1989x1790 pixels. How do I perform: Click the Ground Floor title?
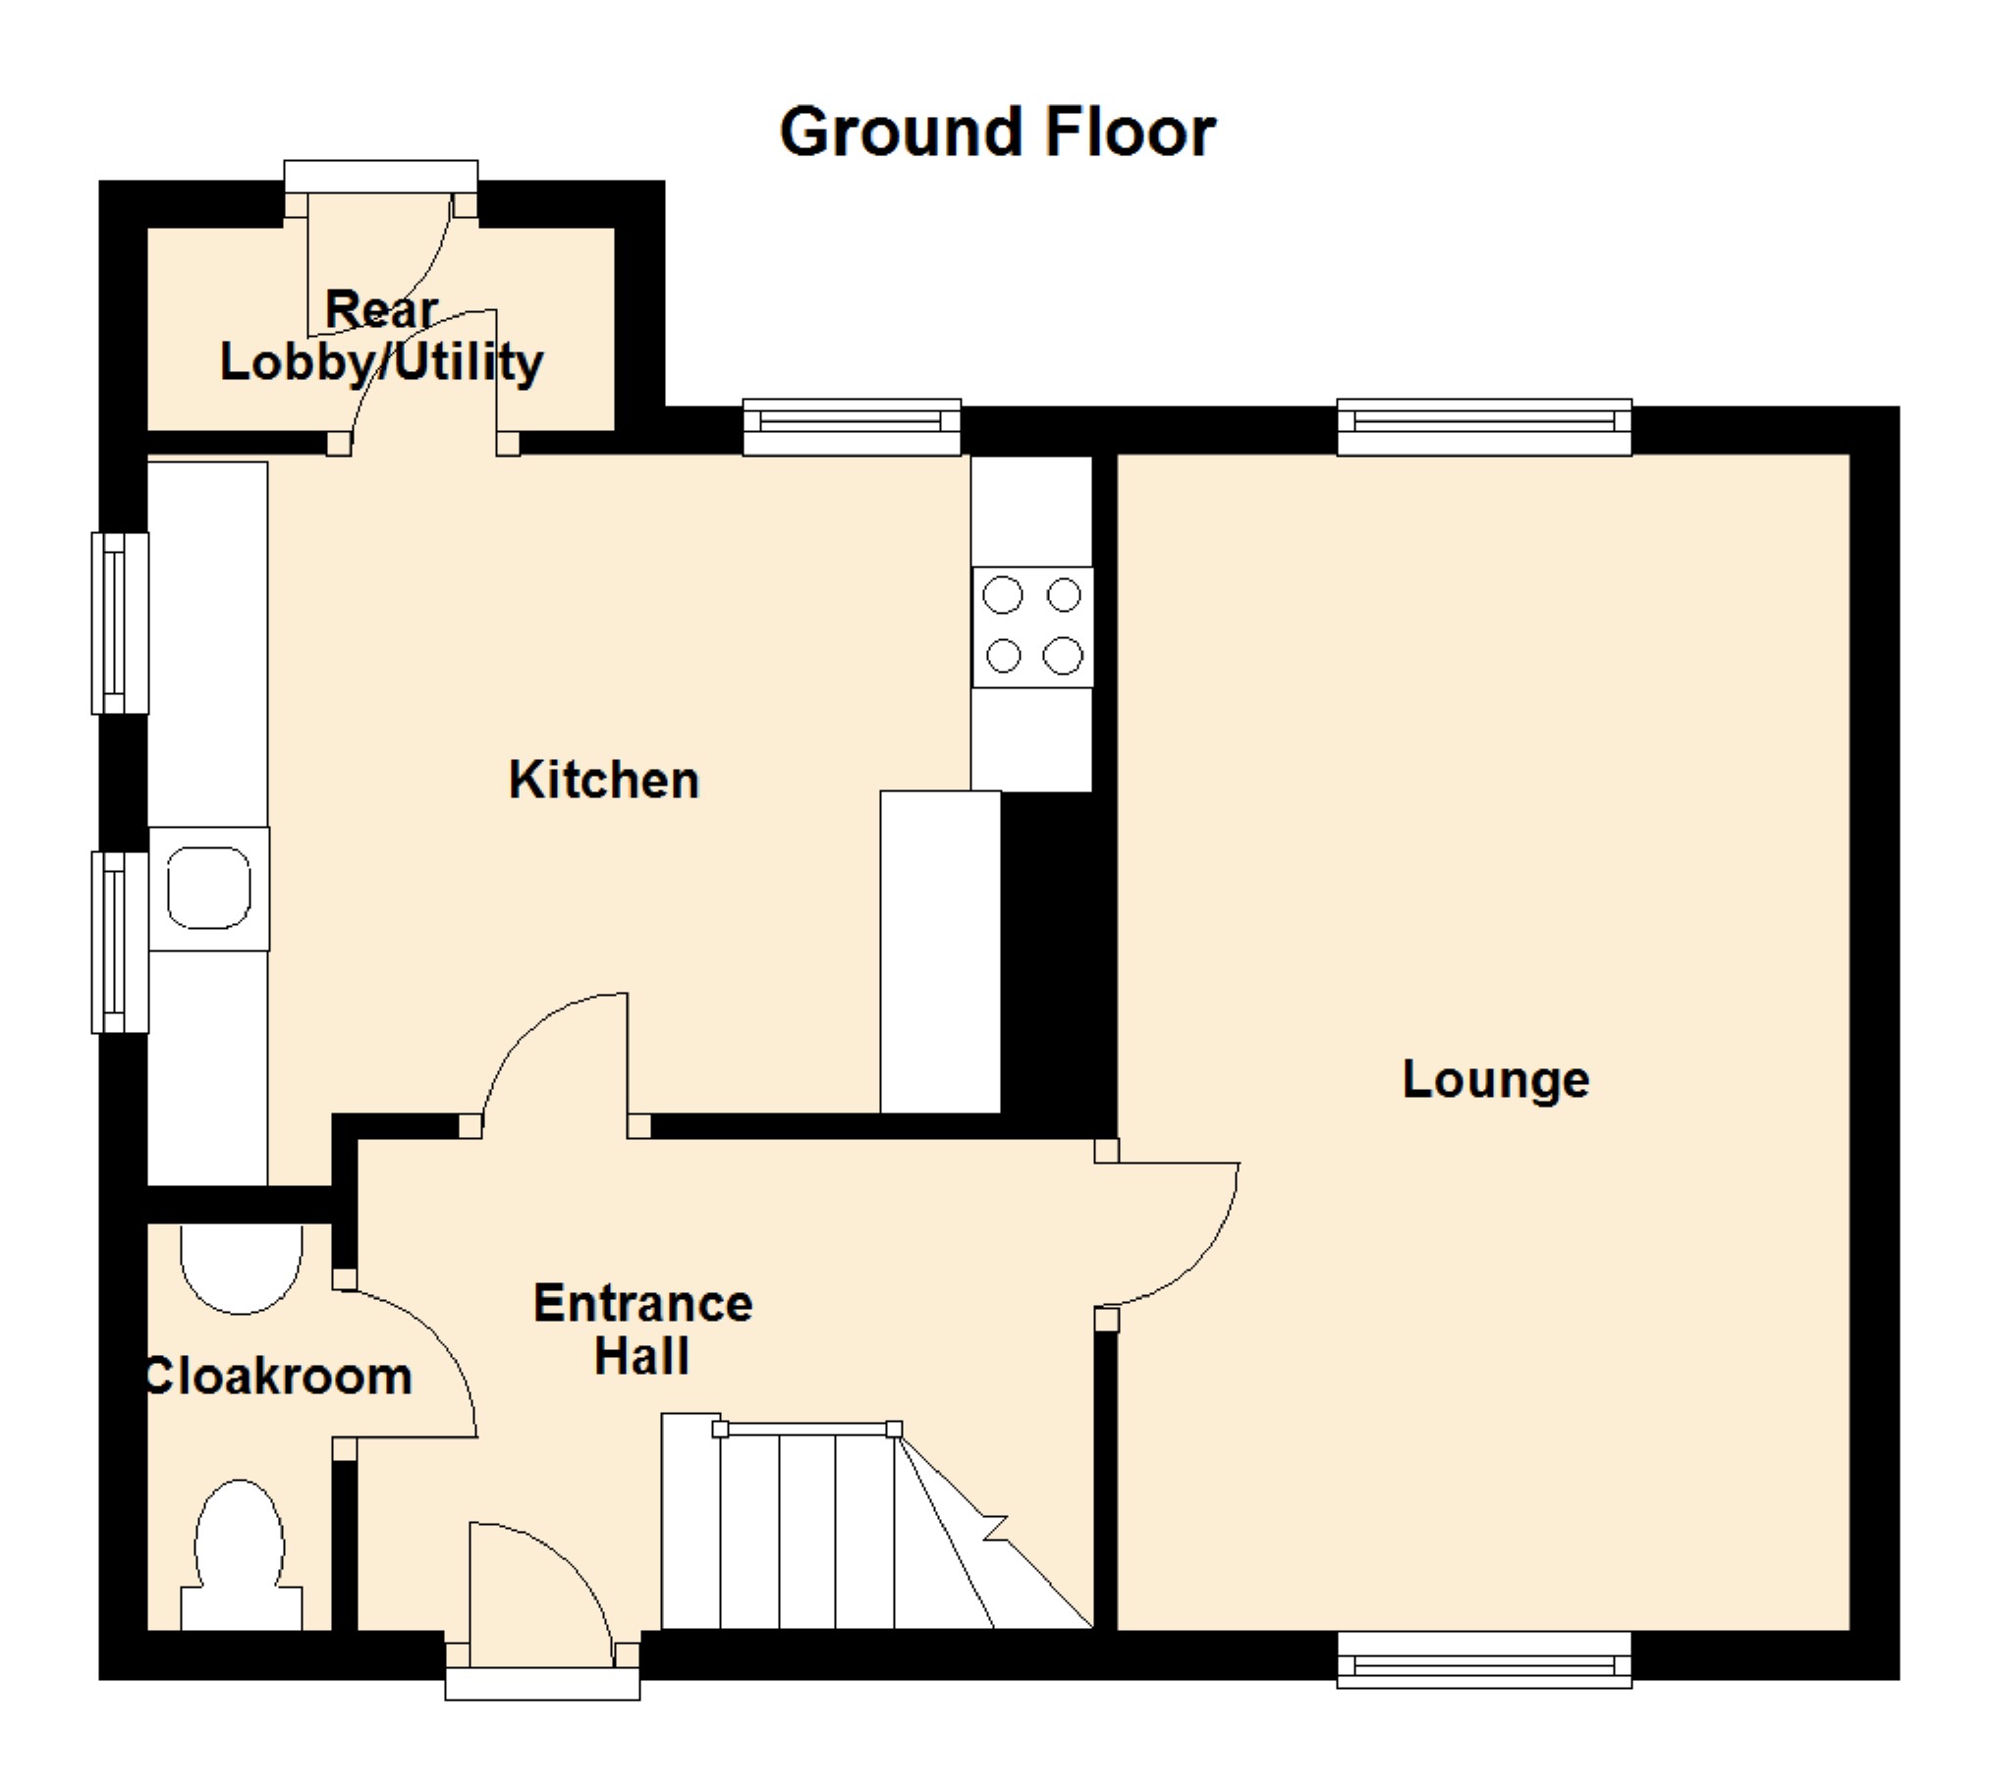(998, 133)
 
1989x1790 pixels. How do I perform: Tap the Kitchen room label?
(604, 781)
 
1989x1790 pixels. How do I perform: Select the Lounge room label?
(1495, 1080)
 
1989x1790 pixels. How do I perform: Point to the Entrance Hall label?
(643, 1329)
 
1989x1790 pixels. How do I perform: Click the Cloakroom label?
(278, 1376)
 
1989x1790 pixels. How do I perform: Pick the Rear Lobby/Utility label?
(381, 337)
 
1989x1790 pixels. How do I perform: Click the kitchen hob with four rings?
(1032, 626)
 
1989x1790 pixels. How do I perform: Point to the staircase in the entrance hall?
(875, 1522)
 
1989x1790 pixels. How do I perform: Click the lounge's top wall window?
(1484, 426)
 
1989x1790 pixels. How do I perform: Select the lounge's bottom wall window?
(1484, 1659)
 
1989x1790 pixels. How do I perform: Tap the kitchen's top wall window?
(852, 426)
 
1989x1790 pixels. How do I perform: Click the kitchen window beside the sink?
(120, 943)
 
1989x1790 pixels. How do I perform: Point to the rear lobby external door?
(381, 255)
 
